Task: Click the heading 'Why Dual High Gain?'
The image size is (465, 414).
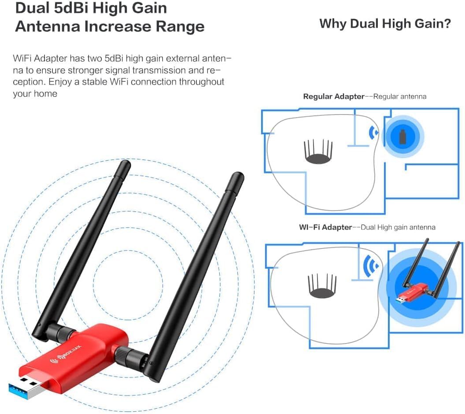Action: pyautogui.click(x=385, y=23)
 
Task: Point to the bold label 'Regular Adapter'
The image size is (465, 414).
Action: pyautogui.click(x=333, y=96)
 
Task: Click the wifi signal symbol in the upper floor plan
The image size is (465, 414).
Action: pyautogui.click(x=373, y=133)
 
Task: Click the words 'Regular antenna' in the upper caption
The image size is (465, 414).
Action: pyautogui.click(x=399, y=96)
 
